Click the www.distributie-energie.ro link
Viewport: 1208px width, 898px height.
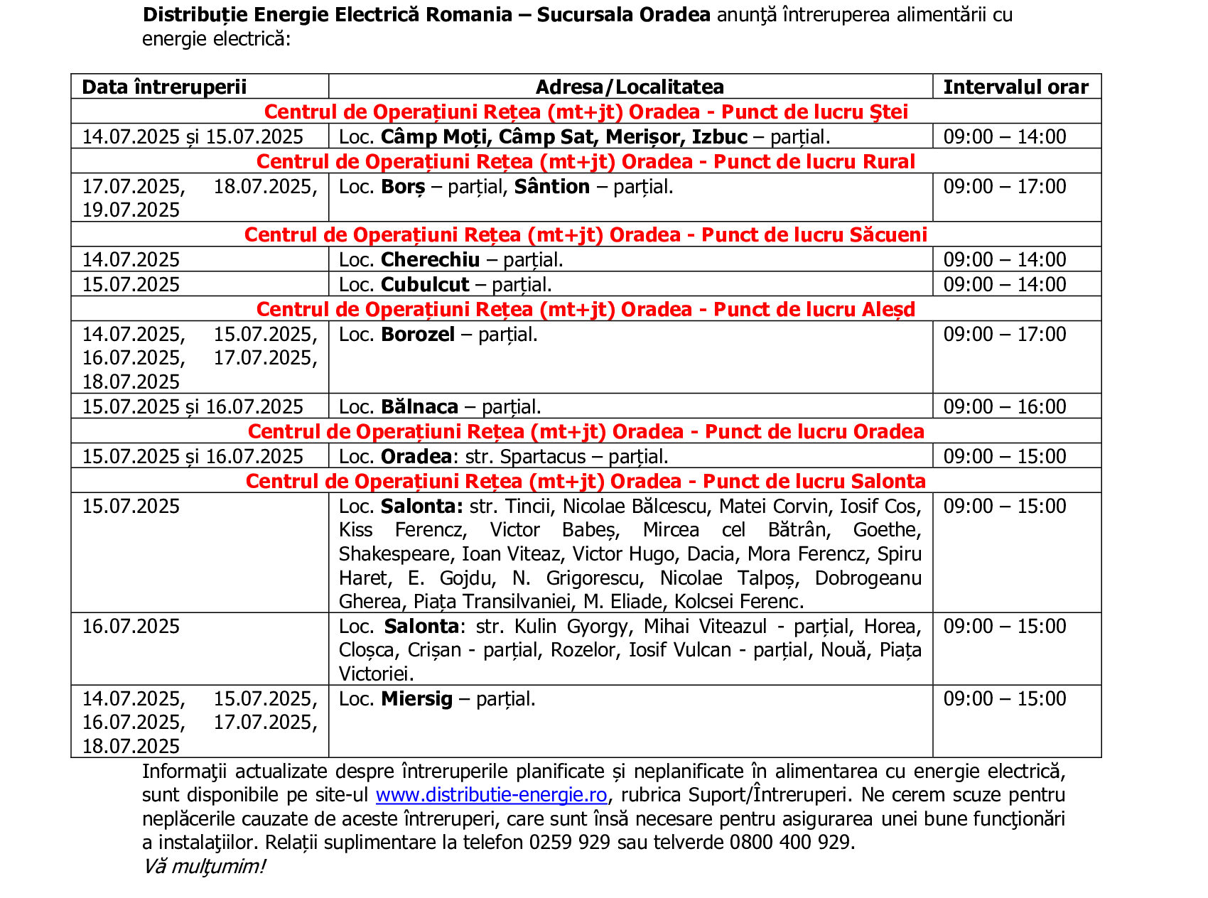point(491,794)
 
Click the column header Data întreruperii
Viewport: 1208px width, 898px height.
point(164,87)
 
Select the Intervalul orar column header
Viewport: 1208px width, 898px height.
point(1015,87)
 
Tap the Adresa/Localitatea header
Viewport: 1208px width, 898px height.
point(630,87)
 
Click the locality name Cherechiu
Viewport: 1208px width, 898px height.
point(430,259)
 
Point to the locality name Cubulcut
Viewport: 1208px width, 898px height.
point(425,284)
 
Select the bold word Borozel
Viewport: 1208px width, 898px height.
point(418,334)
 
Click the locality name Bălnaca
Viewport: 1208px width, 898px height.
point(419,406)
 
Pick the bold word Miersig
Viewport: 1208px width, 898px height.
point(416,698)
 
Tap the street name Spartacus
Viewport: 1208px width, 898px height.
point(543,456)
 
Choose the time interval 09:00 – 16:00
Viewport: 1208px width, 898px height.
point(1004,406)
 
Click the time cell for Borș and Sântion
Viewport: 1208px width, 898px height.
point(1004,186)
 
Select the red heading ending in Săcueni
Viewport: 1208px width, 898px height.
point(586,234)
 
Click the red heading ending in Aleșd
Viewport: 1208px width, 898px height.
point(586,309)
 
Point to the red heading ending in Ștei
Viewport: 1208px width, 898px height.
point(586,112)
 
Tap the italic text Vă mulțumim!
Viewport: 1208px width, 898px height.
point(203,866)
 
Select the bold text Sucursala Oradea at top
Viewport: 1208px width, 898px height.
point(623,15)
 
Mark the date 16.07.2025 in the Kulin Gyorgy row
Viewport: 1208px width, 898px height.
point(131,626)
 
